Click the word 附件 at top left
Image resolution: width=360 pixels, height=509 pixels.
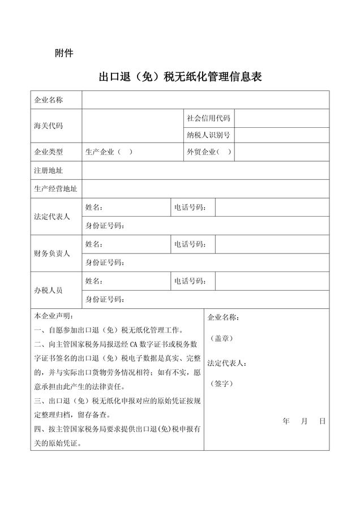tap(63, 54)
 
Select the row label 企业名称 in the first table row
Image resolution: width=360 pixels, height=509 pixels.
tap(49, 100)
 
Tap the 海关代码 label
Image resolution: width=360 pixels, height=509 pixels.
tap(49, 126)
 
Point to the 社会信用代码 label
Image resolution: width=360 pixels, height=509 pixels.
tap(208, 118)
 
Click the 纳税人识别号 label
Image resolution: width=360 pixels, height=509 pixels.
tap(208, 135)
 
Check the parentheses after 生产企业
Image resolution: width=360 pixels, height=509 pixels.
tap(125, 152)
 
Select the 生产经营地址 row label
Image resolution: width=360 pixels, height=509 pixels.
tap(55, 188)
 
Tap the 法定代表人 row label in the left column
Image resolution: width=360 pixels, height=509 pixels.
tap(52, 217)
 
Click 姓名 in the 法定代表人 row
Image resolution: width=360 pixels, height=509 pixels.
tap(94, 208)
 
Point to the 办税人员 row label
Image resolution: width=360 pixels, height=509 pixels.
tap(49, 290)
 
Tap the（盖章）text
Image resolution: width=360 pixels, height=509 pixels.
tap(221, 338)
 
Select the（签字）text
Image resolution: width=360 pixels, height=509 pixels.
tap(221, 383)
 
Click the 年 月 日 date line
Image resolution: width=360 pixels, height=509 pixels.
tap(303, 421)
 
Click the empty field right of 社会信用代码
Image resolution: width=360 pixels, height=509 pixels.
tap(281, 118)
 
